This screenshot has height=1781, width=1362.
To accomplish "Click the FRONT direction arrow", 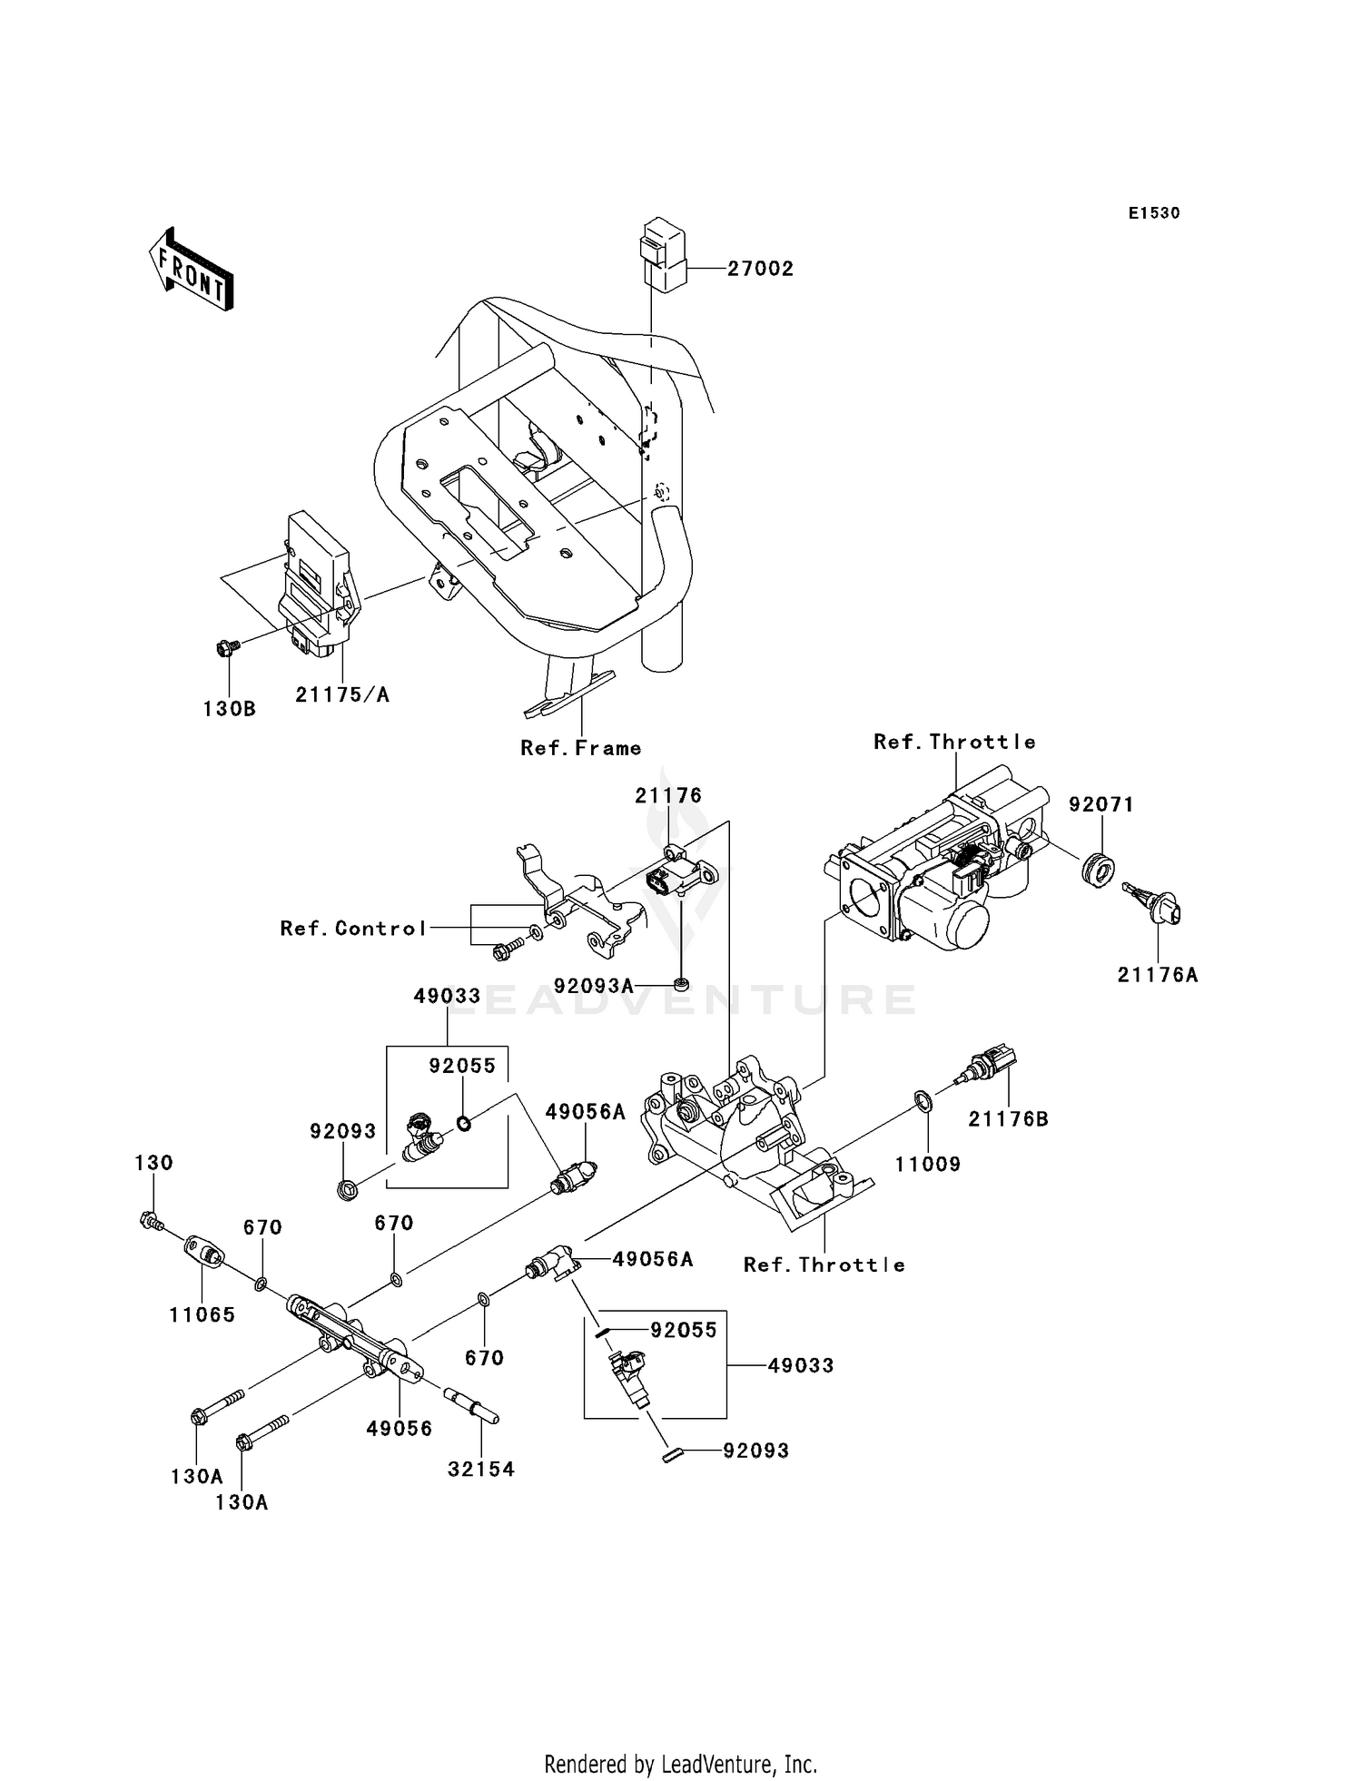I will pos(192,271).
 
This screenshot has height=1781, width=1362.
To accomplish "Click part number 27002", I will pos(760,269).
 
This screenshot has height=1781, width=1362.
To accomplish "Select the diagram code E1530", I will pos(1153,213).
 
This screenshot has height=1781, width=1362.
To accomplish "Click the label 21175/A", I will pos(341,694).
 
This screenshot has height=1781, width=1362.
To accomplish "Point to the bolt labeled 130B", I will pos(227,648).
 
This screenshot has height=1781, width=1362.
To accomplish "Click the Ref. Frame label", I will pos(580,748).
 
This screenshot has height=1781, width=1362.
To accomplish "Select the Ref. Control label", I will pos(353,928).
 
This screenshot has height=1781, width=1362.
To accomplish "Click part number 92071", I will pos(1100,804).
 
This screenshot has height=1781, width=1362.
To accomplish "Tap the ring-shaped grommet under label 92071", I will pos(1099,870).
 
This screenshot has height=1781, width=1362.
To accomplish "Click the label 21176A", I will pos(1157,975).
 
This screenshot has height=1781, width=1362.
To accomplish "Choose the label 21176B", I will pos(1008,1119).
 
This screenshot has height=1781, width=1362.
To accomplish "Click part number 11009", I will pos(927,1164).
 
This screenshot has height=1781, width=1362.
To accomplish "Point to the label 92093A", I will pos(593,985).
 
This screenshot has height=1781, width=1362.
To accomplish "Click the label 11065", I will pos(202,1314).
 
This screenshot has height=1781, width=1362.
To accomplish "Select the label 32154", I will pos(480,1469).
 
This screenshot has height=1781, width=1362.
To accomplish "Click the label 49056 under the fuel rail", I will pos(399,1428).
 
